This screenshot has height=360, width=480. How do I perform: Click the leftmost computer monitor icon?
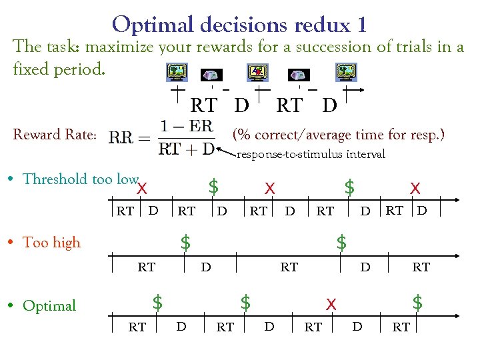tap(177, 72)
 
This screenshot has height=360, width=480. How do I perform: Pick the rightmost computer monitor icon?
tap(346, 72)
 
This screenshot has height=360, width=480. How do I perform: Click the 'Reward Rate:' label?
tap(55, 135)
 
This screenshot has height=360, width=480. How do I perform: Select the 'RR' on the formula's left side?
tap(122, 137)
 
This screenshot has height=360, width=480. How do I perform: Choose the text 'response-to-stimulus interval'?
tap(311, 155)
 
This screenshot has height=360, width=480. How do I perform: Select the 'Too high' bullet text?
tap(51, 243)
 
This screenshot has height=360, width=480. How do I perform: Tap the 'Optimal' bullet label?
tap(49, 306)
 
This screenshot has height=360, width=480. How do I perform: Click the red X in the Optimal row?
tap(329, 304)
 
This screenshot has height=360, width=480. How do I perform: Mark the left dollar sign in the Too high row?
tap(186, 242)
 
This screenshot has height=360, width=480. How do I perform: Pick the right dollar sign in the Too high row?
tap(341, 242)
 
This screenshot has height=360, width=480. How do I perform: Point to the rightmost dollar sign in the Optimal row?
tap(417, 303)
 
